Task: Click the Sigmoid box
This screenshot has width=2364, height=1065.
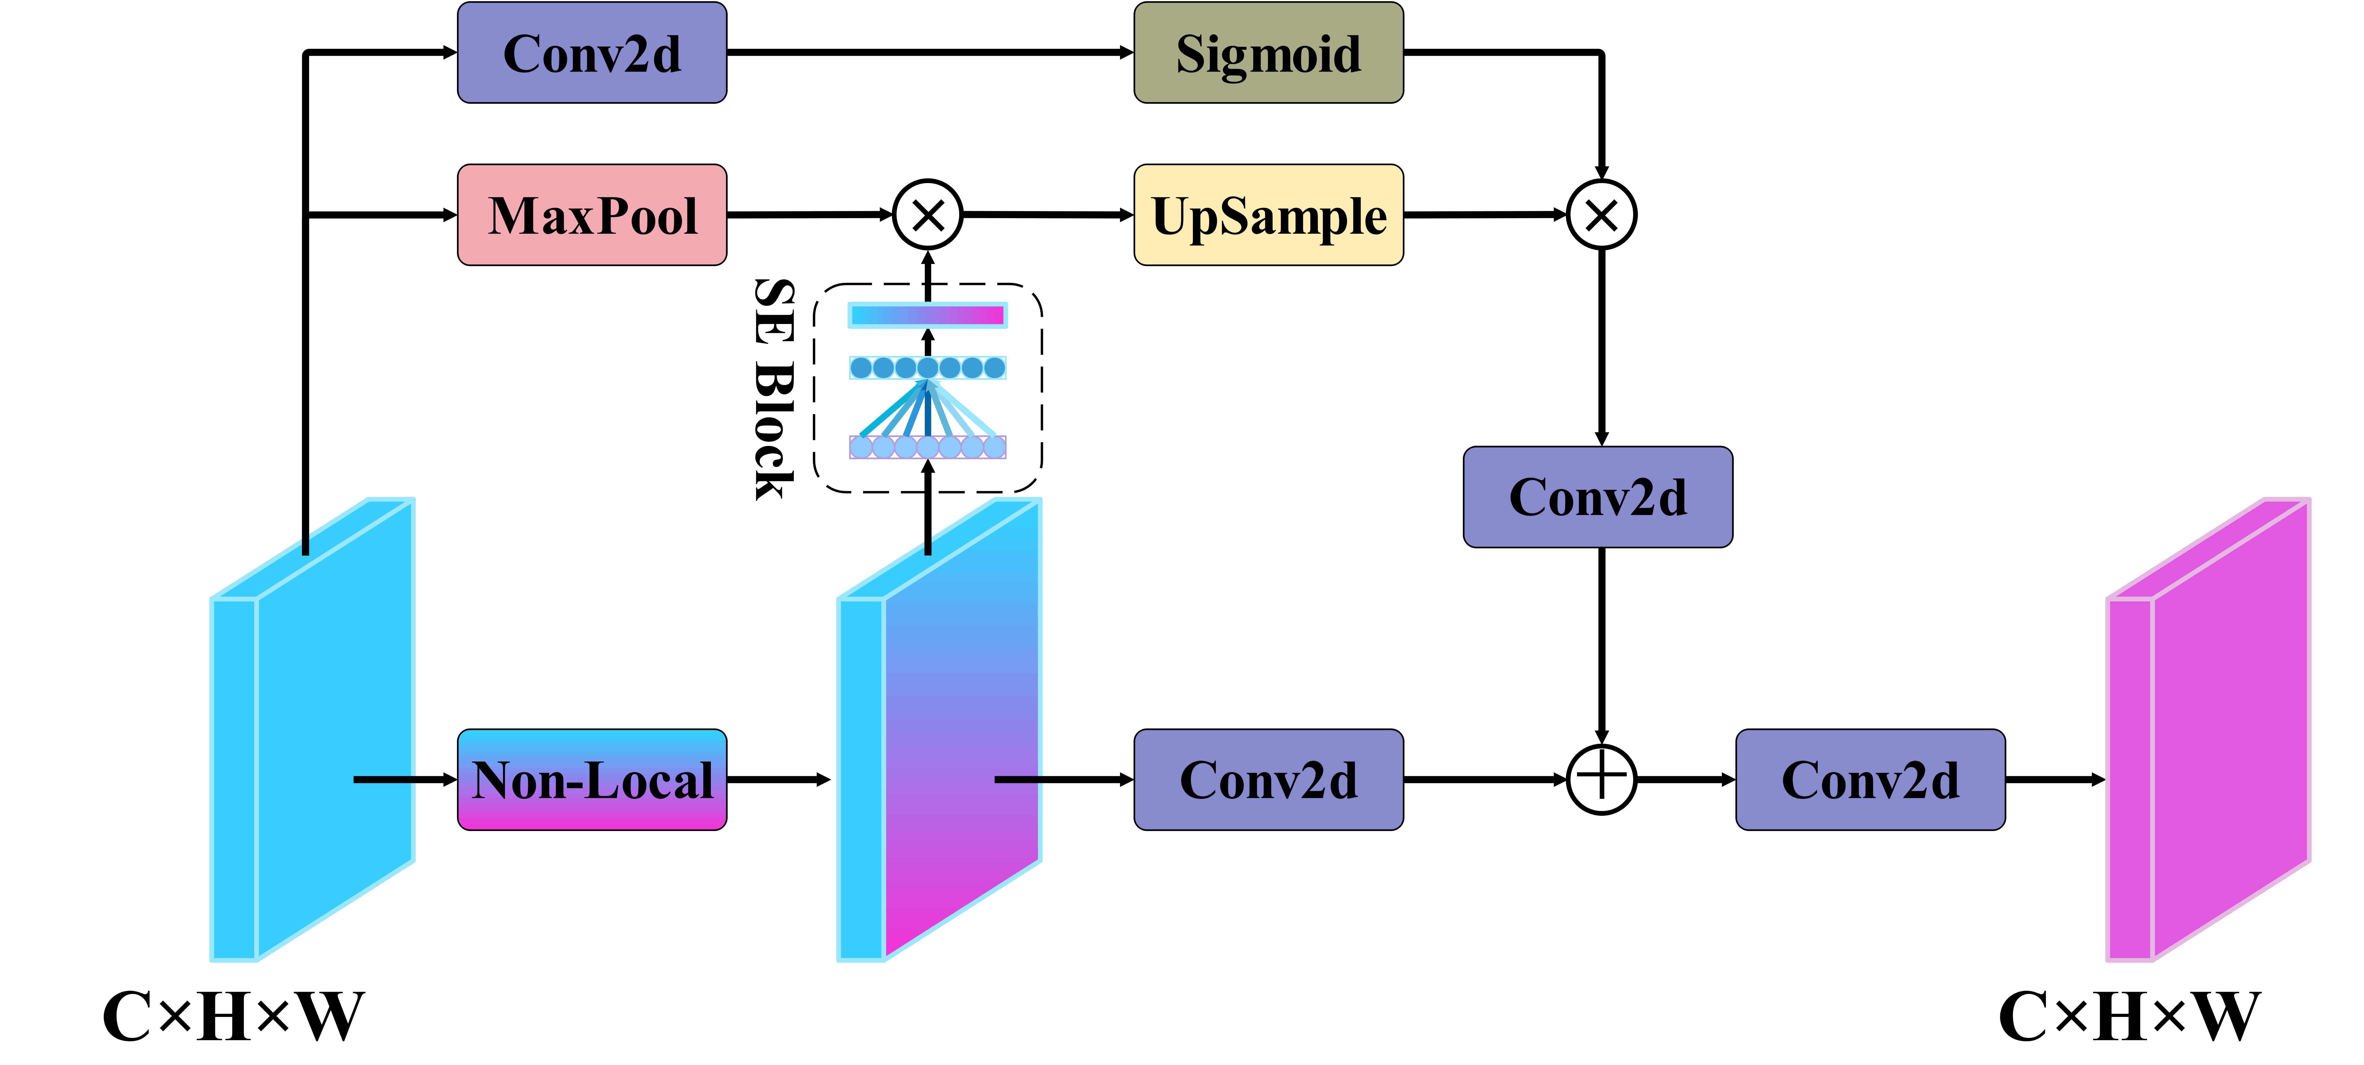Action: [1268, 53]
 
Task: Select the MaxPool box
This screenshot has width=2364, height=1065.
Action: [592, 216]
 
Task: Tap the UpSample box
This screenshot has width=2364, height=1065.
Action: [1268, 216]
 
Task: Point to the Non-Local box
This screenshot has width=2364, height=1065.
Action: [592, 780]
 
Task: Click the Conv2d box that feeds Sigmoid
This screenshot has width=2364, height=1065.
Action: [592, 53]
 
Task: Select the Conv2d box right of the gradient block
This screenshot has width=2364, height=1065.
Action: [1268, 780]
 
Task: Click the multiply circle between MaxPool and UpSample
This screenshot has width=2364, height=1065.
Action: [928, 215]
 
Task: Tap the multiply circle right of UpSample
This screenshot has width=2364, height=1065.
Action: [1601, 215]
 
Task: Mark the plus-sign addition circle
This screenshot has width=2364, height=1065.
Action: [1601, 779]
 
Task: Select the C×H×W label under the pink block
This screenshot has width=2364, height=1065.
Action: [2129, 1016]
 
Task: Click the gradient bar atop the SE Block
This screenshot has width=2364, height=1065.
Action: [928, 316]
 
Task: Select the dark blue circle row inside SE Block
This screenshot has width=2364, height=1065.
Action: [928, 368]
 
